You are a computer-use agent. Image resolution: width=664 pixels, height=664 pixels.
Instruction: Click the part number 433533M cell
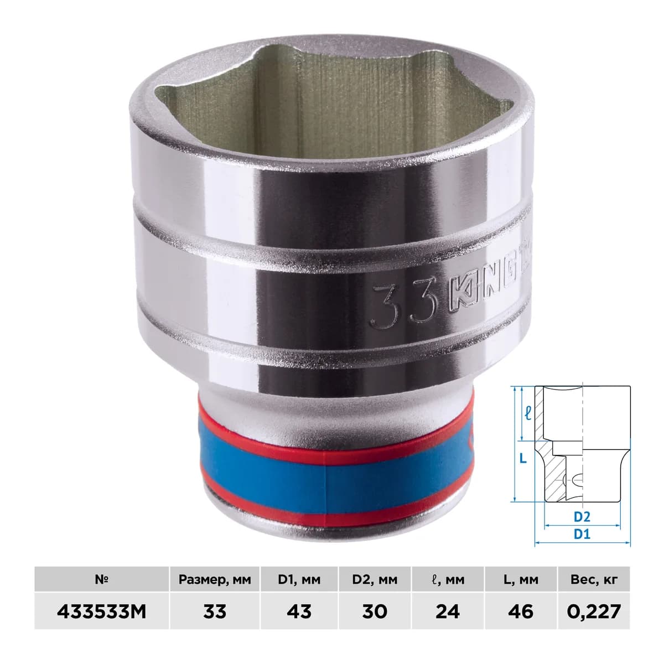point(102,611)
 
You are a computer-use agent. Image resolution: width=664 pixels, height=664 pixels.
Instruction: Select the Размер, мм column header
point(214,579)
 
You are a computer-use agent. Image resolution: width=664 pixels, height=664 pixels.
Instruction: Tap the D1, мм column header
point(299,579)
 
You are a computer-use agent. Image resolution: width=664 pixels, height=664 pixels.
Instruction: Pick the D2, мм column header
point(375,579)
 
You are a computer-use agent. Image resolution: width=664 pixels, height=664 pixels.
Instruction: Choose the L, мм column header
point(520,579)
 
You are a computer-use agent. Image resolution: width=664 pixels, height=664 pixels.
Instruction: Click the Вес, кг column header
point(594,579)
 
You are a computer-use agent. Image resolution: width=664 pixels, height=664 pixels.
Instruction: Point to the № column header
point(102,579)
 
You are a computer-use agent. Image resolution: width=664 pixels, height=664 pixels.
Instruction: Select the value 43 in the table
point(299,611)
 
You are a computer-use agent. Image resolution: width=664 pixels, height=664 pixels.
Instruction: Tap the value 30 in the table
point(375,611)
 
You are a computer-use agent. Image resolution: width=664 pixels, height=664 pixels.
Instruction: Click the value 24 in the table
point(448,611)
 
